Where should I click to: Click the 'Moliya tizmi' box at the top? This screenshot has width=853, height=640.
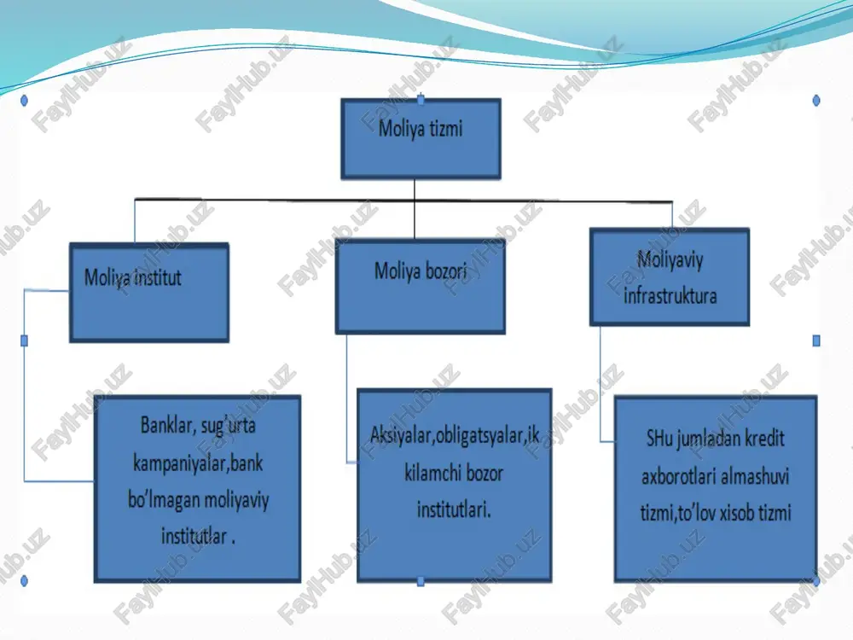pos(421,139)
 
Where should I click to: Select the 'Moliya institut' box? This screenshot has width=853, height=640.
pos(149,292)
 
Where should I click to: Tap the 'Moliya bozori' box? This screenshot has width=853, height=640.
pos(420,286)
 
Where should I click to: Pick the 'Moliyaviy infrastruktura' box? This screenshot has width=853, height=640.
pos(670,277)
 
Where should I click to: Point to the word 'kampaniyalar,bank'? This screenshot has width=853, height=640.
pos(198,463)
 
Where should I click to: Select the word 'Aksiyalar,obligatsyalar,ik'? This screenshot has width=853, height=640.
pos(455,435)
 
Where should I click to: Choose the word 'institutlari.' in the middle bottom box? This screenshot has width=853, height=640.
pos(455,510)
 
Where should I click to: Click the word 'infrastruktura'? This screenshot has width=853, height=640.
pos(670,296)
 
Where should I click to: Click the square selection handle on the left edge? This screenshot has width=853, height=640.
pos(24,340)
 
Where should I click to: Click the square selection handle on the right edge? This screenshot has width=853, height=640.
pos(816,340)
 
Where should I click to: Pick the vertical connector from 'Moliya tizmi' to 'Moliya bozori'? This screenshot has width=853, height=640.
pos(415,209)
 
